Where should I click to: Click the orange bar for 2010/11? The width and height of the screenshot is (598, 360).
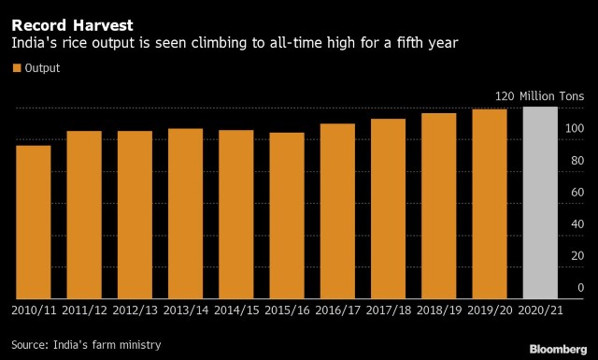(34, 222)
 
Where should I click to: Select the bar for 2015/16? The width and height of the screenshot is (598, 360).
(287, 215)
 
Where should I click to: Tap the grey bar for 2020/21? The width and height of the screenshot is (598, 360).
(540, 202)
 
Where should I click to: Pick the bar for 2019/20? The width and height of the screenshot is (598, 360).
(490, 204)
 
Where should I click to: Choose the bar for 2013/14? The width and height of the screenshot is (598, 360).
(185, 213)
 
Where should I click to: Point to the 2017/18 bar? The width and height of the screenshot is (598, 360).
(389, 209)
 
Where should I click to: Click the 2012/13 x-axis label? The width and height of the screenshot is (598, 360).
(135, 310)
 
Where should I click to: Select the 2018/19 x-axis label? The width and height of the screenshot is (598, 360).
(439, 310)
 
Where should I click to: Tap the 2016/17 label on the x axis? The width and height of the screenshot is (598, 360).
(337, 310)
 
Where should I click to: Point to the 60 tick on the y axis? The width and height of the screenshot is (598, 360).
(577, 192)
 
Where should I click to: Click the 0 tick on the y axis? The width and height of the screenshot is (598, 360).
(580, 287)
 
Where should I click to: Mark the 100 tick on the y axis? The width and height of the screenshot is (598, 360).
(575, 128)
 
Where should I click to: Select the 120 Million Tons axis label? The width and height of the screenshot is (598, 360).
(539, 95)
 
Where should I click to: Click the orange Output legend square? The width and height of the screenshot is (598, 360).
(17, 68)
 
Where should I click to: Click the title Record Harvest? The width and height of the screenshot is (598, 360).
(73, 25)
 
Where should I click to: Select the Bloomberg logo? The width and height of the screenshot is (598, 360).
(558, 349)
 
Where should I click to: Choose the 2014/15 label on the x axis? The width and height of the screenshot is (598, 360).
(236, 310)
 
